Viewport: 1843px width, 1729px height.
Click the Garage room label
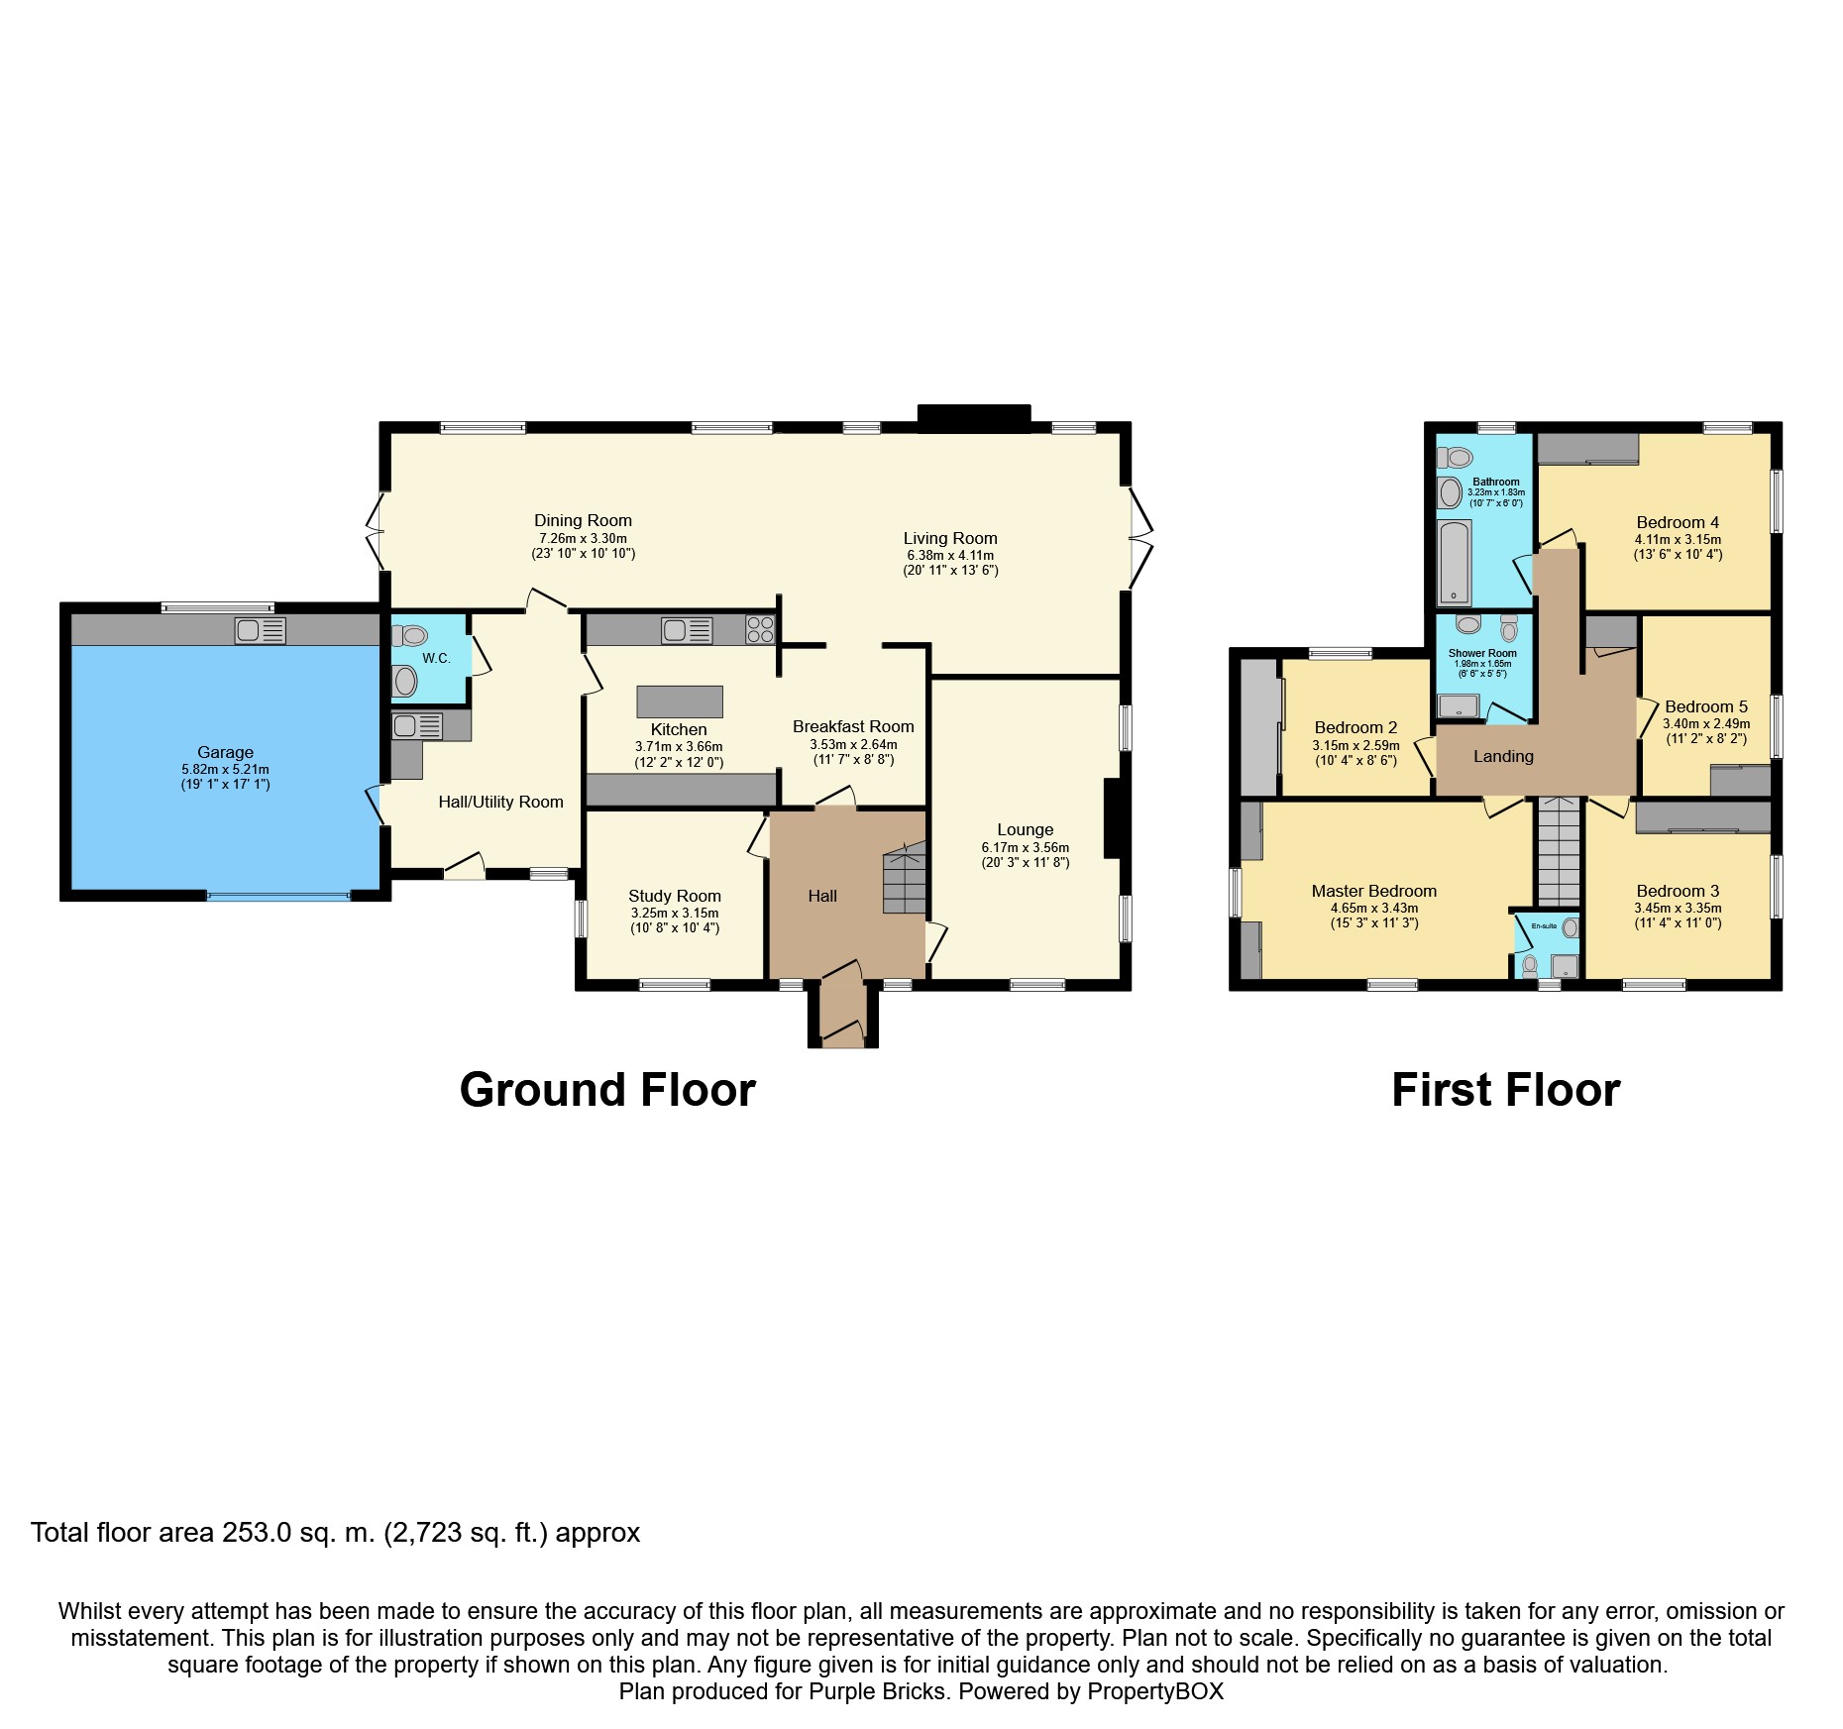(x=225, y=752)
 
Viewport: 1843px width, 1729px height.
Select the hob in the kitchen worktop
(x=760, y=629)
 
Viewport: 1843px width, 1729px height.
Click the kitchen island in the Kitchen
(x=680, y=701)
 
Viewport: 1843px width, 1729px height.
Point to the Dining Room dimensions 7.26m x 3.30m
(x=583, y=538)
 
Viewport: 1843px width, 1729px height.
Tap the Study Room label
(x=674, y=896)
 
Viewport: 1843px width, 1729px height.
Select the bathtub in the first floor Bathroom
(x=1454, y=562)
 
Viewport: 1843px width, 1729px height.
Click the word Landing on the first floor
(x=1502, y=756)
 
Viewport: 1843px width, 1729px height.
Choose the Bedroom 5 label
(x=1705, y=706)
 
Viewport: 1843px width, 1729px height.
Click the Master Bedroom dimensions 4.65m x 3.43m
(x=1373, y=908)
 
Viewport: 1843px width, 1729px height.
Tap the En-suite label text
(x=1544, y=925)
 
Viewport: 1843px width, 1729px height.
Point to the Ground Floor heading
(x=607, y=1090)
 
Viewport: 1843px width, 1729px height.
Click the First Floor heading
(x=1505, y=1090)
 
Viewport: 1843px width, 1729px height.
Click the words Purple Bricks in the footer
(x=877, y=1691)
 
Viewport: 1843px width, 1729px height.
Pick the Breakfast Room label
(x=853, y=726)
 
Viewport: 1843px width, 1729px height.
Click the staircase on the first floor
(x=1559, y=852)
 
